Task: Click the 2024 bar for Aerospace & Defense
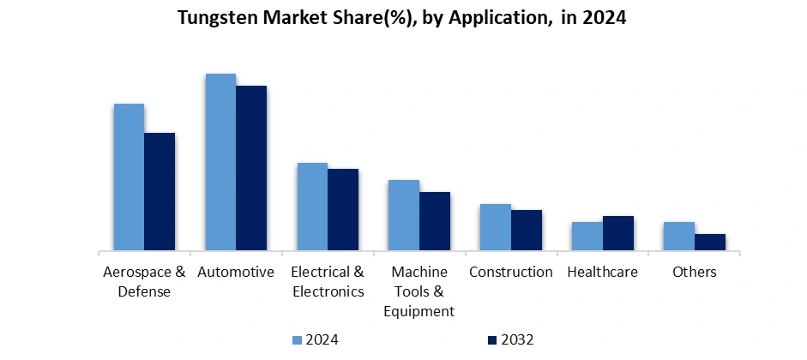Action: pos(129,177)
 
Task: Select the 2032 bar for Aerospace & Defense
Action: pos(160,192)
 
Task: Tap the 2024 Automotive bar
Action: pos(220,163)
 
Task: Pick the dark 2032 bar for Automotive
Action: pos(251,169)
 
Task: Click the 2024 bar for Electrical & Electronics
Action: pos(312,207)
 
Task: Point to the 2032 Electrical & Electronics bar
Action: pos(343,210)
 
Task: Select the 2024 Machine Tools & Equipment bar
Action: pos(404,216)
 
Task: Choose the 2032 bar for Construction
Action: pos(527,231)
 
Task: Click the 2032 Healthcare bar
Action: pos(618,234)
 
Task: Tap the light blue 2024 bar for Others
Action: pos(679,237)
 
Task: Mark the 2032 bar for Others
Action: pos(710,243)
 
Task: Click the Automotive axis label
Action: pos(236,273)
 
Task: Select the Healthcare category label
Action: pos(603,273)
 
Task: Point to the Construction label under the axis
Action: pos(511,273)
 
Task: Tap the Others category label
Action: pos(695,273)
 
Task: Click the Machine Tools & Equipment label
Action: pos(419,291)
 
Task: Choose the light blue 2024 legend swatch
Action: pos(298,340)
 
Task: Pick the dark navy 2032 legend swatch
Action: pos(493,340)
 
